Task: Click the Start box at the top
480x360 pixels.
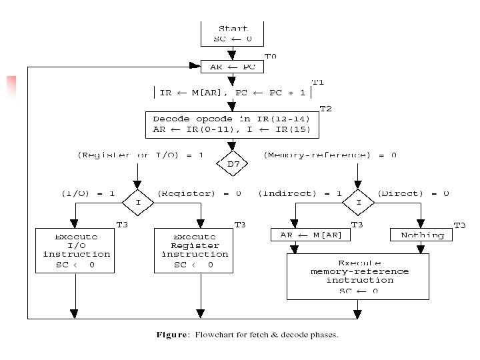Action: pos(232,33)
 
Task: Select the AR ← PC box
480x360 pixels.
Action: pos(232,67)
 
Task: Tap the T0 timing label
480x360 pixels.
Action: pos(270,57)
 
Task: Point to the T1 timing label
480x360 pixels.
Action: pos(317,82)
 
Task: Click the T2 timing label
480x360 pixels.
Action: pos(325,108)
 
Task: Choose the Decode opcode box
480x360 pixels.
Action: pos(231,125)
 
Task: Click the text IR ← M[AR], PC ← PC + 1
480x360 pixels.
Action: pos(232,93)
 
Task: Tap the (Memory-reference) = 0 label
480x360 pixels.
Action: pos(330,155)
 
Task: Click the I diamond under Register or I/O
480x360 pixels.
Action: pos(138,201)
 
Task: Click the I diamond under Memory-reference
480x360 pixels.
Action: pos(358,201)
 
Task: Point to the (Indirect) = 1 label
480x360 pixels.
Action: pos(300,193)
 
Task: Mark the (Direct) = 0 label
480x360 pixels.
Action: pos(413,193)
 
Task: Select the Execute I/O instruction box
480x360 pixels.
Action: pos(75,251)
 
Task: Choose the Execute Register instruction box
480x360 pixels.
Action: pos(195,251)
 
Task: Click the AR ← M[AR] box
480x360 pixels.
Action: pos(301,235)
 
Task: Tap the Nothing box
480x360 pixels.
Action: pos(421,235)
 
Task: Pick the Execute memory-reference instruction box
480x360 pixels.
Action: pos(358,276)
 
